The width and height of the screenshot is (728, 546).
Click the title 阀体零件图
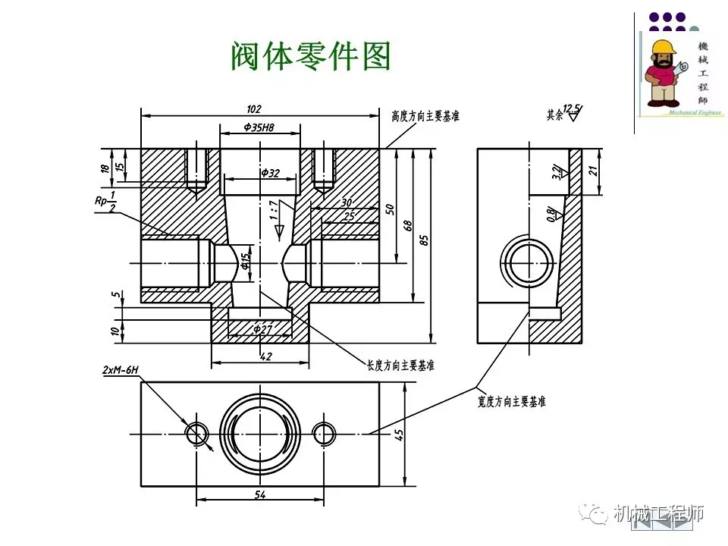310,56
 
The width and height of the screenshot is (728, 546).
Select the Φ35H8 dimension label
259,128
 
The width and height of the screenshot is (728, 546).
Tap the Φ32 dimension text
270,173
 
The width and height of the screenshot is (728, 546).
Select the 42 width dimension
265,356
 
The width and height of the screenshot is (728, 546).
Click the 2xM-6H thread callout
121,370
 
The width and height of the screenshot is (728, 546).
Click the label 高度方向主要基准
425,116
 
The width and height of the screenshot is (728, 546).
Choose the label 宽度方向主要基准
512,401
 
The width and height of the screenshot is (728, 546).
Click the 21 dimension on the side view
594,170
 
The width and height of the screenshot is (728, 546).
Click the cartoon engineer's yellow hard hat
663,48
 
